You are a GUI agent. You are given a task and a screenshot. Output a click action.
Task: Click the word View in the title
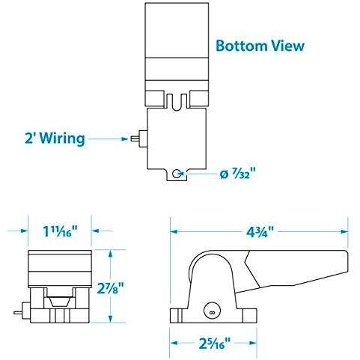tap(287, 46)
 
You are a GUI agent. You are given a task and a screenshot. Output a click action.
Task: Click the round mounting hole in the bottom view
tap(177, 174)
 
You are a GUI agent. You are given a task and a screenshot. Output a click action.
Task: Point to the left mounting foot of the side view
tap(178, 312)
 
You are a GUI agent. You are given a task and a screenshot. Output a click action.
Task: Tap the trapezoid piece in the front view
tap(59, 301)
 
